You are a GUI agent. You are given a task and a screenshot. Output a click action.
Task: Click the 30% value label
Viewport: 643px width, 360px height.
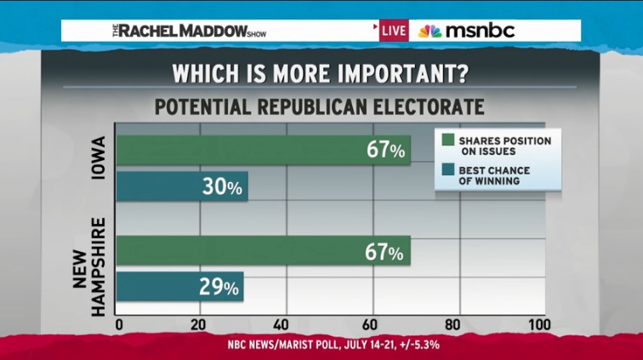point(222,186)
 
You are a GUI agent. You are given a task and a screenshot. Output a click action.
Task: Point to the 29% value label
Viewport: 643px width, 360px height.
point(219,287)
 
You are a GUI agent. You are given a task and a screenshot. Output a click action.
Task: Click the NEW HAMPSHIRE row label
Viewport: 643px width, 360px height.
point(91,266)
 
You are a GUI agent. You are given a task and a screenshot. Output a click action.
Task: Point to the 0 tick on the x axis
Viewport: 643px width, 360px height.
point(118,325)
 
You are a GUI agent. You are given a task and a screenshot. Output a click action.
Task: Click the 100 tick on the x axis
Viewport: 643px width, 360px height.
point(538,325)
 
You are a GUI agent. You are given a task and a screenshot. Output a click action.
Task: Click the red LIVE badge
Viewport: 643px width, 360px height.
point(393,31)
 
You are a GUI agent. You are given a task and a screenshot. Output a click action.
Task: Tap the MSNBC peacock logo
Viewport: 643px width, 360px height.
point(430,31)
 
